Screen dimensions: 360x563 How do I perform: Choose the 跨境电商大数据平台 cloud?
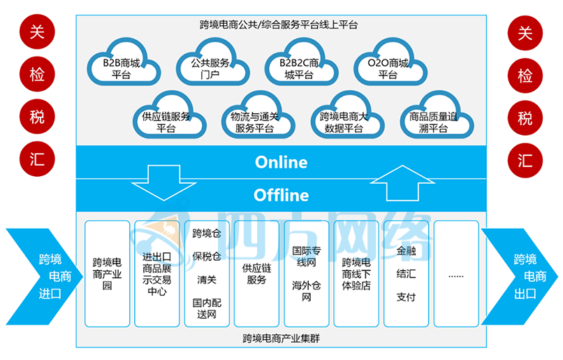(x=344, y=122)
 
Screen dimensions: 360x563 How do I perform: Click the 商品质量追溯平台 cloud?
(x=434, y=122)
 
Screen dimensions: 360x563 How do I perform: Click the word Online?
(x=281, y=162)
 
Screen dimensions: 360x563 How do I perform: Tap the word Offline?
(x=281, y=194)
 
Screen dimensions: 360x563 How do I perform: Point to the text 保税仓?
(x=207, y=256)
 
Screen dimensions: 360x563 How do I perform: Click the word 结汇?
(x=406, y=273)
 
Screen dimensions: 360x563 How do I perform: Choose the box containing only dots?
(x=456, y=274)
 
